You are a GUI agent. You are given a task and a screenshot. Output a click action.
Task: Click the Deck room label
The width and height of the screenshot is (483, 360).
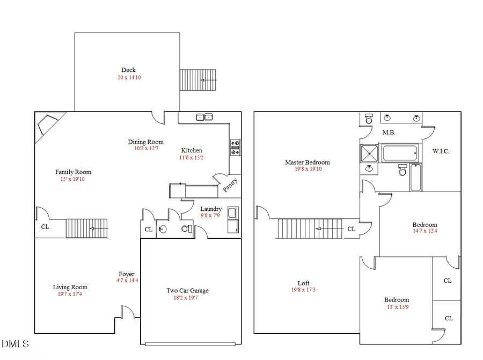click(128, 70)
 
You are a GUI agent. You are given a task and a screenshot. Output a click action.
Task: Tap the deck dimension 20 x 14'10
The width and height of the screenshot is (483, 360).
click(129, 77)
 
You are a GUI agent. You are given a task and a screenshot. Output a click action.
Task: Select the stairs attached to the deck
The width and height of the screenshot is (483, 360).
click(197, 80)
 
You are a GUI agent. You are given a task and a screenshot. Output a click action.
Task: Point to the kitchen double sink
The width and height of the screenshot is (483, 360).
click(204, 117)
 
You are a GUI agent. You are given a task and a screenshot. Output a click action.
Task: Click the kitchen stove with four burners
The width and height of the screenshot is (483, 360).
click(235, 148)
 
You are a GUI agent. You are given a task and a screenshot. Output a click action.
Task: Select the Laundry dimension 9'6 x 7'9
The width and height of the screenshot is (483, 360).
click(210, 216)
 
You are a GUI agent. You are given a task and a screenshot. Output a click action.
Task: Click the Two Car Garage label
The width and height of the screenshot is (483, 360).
click(187, 291)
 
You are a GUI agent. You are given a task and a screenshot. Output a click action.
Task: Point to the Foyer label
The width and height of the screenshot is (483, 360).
click(127, 274)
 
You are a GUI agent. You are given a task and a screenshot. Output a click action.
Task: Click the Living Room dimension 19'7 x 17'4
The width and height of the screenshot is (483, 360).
click(70, 295)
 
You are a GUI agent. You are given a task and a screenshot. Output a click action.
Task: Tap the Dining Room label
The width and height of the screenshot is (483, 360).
click(145, 142)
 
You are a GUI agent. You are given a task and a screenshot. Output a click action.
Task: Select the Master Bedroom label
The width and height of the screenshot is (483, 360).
click(307, 162)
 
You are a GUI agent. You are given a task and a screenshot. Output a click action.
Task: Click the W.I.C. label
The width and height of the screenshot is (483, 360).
click(441, 151)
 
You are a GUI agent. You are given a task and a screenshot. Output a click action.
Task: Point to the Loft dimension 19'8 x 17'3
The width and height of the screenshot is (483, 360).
click(304, 290)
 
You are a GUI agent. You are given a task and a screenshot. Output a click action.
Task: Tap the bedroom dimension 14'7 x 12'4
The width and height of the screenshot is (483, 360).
click(425, 232)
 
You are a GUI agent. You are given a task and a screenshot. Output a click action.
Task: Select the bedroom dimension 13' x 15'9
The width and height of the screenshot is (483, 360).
click(397, 307)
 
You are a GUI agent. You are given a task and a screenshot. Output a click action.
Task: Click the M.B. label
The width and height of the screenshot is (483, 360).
click(389, 132)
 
